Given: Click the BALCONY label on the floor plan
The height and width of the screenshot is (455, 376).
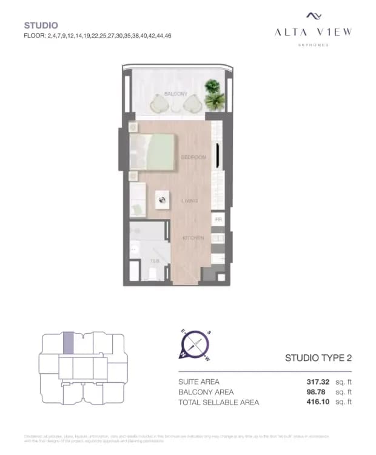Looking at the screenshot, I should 176,94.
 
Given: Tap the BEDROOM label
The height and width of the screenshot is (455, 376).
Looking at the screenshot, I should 193,157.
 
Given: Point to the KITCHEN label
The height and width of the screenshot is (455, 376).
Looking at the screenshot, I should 193,238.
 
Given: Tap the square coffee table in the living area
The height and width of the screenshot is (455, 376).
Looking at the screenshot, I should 163,200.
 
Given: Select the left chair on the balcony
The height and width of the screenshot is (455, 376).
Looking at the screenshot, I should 161,104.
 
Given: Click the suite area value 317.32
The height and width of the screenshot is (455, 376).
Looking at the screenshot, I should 318,382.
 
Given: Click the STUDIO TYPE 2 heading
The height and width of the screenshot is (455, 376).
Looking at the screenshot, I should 318,358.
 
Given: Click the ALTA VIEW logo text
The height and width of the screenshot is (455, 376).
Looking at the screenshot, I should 313,32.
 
